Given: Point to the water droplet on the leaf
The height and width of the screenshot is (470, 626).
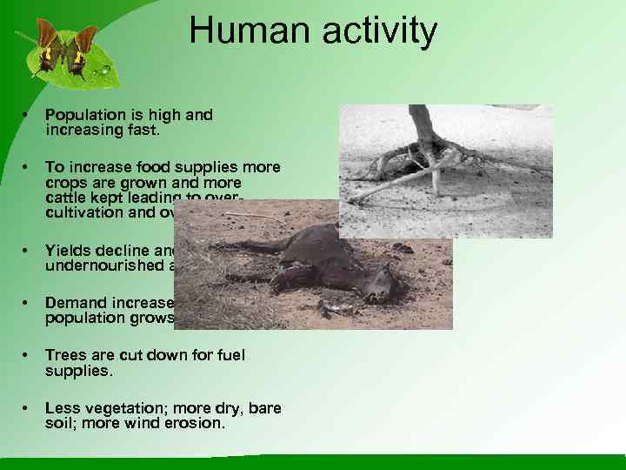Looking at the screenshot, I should tap(105, 68).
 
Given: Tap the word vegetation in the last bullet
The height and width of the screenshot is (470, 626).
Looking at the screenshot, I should tap(112, 408).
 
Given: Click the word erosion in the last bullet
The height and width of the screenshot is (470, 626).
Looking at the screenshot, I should tap(196, 423).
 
